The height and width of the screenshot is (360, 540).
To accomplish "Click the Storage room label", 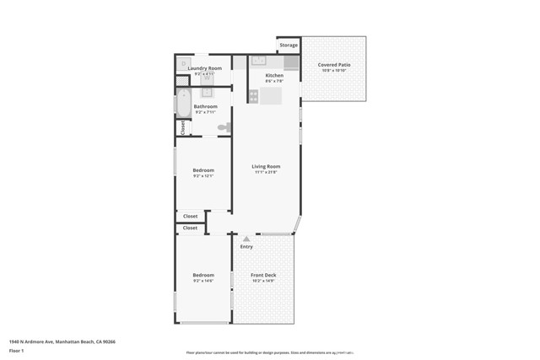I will coord(289,45).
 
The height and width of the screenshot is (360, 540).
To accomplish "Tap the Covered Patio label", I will coord(333,65).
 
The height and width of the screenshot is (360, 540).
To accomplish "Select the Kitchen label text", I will coord(274,76).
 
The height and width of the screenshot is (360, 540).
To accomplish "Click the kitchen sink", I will coord(259,61).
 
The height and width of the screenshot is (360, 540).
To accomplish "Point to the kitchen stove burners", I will coord(253,96).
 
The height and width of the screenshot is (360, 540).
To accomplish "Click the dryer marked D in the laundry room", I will coord(183,63).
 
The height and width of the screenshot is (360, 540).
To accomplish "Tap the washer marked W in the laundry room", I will coord(207,78).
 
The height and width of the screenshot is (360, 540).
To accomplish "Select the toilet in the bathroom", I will coord(224,127).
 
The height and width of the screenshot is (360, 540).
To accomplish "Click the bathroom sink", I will coord(206,93).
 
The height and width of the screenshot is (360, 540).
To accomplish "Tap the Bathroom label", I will coord(205,107).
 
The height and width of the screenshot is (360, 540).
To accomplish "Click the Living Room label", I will coord(266,167).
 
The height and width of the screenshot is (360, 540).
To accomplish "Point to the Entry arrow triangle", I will coord(246,239).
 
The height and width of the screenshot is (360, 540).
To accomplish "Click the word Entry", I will coord(246,247).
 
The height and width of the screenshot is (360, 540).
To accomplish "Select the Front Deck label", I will coord(264,276).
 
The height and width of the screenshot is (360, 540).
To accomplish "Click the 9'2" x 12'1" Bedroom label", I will coord(203,171).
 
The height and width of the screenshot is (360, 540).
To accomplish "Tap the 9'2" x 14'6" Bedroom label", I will coord(203,276).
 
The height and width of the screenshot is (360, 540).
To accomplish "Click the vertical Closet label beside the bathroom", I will coord(182,127).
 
